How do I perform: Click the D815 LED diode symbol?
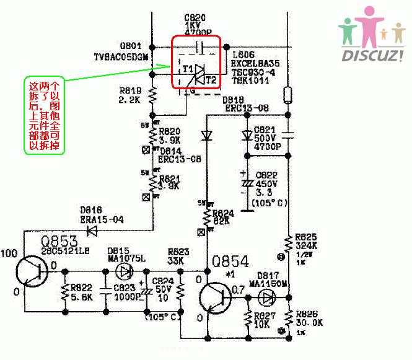pos(125,271)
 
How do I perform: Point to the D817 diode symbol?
pos(268,297)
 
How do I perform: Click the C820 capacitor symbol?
pos(199,46)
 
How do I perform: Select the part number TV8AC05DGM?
pos(121,56)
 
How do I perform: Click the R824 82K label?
pos(223,217)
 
